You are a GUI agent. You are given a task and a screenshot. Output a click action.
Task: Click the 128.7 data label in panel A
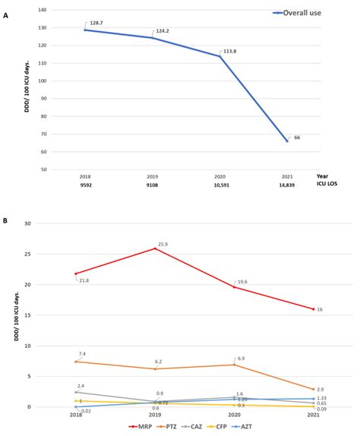(x=96, y=24)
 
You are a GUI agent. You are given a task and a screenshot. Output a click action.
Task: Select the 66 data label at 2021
(x=297, y=137)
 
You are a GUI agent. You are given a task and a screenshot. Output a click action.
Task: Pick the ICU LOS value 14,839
(x=287, y=184)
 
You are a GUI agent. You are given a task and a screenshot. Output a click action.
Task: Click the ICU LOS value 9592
(x=85, y=184)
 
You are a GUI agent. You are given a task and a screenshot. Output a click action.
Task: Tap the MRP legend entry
(x=142, y=428)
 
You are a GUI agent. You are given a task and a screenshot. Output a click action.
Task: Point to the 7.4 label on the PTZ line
(x=82, y=354)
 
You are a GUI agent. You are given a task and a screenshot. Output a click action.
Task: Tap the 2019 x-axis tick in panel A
(x=152, y=175)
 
